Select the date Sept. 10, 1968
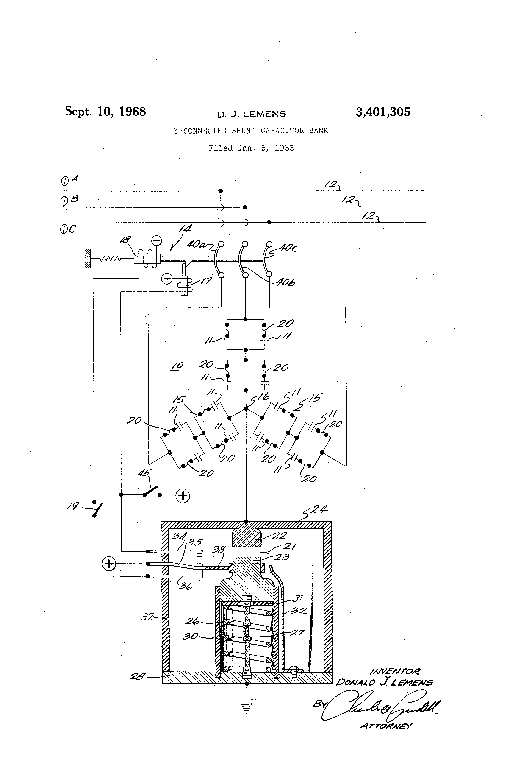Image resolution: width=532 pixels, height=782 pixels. tap(105, 111)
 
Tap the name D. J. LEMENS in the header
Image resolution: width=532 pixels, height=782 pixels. tap(252, 114)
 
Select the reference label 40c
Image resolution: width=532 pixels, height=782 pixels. tap(288, 248)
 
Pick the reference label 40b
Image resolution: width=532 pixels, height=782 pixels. tap(285, 283)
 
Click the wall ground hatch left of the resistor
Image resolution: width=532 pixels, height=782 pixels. tap(88, 258)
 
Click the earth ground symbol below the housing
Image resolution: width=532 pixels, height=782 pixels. tap(247, 705)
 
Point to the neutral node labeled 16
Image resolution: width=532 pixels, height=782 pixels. tap(246, 408)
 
